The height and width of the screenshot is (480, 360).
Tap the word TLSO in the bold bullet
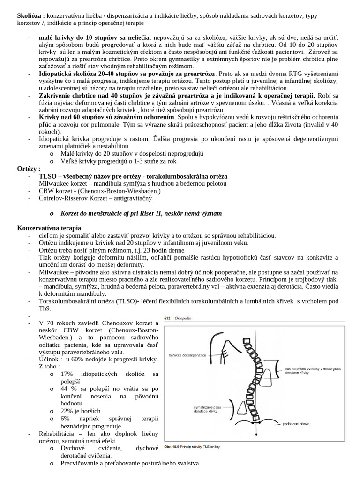(49, 176)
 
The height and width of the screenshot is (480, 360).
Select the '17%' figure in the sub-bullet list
(68, 374)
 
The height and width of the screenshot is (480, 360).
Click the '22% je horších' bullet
(81, 411)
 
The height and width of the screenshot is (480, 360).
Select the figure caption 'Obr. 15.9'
(175, 447)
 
